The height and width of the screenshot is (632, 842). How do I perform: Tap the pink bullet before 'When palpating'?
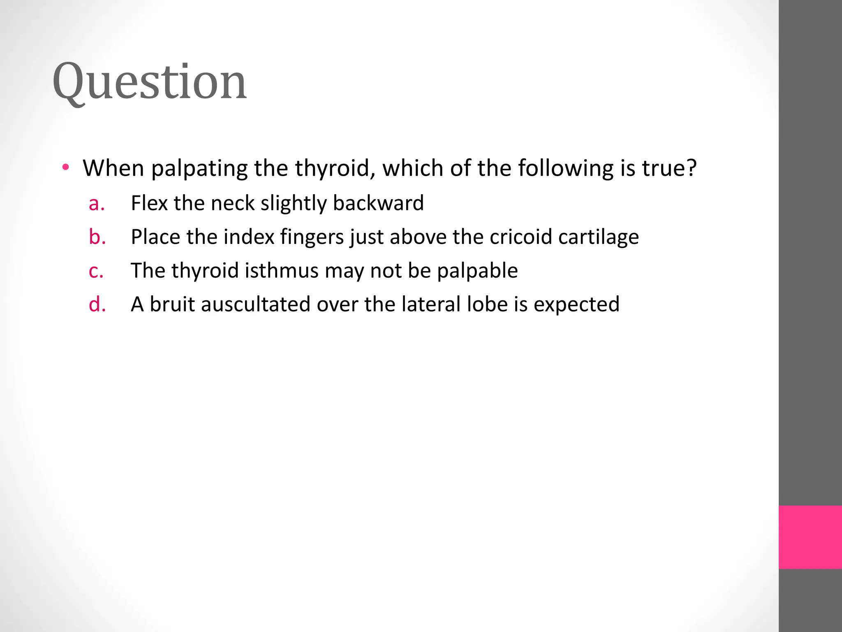point(66,167)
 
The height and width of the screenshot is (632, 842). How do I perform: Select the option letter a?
point(97,203)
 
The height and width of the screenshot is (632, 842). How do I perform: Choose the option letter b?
point(97,237)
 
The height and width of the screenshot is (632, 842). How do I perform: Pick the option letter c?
point(96,271)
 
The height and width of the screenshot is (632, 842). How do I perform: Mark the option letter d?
point(97,304)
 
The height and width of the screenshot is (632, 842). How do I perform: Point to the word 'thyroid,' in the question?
point(335,168)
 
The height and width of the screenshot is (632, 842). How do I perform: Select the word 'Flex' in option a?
point(149,203)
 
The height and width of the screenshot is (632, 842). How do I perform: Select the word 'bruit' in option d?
point(172,304)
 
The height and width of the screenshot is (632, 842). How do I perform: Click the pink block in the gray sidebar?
point(810,537)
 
